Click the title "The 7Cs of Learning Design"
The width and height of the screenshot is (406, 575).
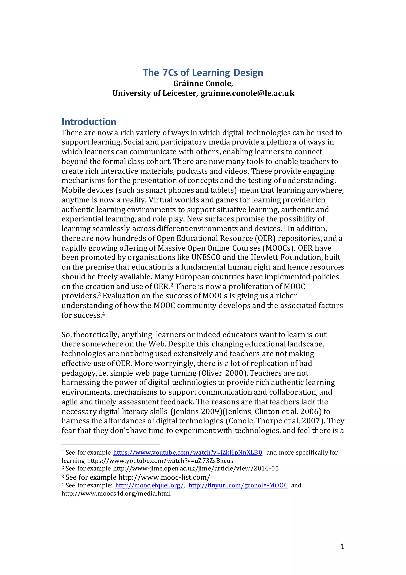click(x=203, y=73)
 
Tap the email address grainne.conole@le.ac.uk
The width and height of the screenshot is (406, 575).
click(x=247, y=93)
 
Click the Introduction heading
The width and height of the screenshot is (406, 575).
click(x=89, y=122)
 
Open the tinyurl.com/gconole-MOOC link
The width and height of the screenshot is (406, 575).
click(x=238, y=485)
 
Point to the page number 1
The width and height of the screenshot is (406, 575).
click(x=342, y=546)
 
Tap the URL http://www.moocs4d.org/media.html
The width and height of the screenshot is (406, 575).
click(x=116, y=494)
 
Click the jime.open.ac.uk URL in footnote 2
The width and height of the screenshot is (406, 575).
click(x=196, y=468)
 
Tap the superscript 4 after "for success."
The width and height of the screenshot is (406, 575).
click(x=103, y=313)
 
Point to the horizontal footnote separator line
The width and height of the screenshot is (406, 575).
click(x=111, y=444)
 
